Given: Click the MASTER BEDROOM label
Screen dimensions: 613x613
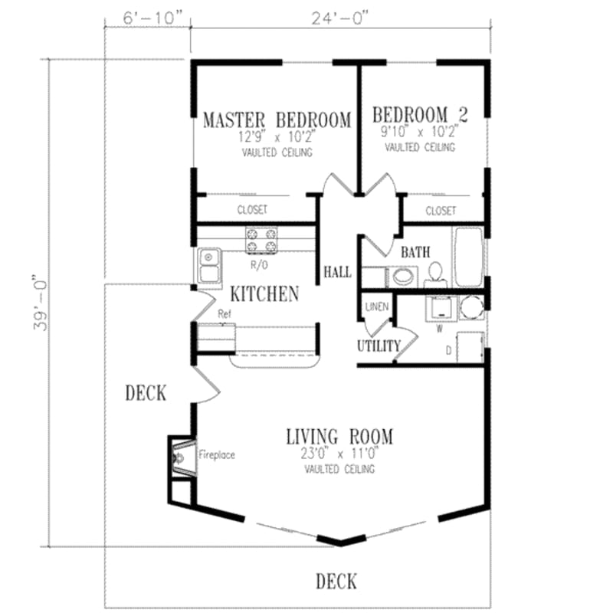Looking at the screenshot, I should (x=277, y=120).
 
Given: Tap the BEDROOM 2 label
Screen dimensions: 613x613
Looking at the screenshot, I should (x=420, y=115).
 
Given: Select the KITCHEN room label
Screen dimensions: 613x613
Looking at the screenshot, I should (x=264, y=293).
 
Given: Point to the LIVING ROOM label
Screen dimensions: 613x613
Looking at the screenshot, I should (x=339, y=438).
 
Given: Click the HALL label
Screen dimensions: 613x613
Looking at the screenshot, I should (x=337, y=272).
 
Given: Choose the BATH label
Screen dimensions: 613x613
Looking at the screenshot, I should (x=415, y=251).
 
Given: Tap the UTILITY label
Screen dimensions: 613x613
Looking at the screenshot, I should (x=378, y=346).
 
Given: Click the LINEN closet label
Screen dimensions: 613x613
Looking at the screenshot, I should (x=377, y=306).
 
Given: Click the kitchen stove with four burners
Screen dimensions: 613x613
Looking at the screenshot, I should (x=260, y=241).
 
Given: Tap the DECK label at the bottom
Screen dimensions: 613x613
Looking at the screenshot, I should (x=336, y=580).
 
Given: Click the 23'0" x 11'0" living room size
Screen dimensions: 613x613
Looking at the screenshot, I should (x=339, y=454).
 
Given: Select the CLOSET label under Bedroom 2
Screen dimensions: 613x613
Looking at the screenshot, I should (x=441, y=210).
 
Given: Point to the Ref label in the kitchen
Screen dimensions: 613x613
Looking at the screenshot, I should (x=225, y=313).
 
